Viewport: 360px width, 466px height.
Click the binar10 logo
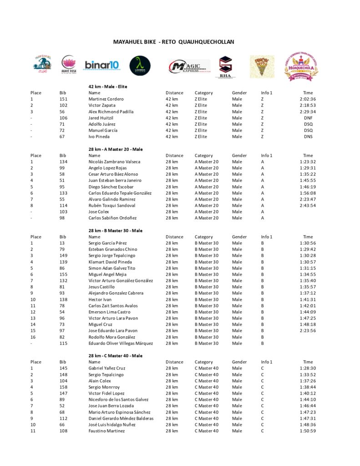pos(101,65)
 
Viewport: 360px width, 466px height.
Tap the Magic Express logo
pos(188,66)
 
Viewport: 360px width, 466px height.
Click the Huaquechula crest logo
pos(301,66)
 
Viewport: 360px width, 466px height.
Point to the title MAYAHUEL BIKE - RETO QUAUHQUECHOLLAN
pos(173,42)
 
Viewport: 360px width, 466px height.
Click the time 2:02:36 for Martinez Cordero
pos(308,99)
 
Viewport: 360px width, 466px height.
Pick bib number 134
pos(63,162)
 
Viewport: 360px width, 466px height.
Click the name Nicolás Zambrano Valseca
pos(114,162)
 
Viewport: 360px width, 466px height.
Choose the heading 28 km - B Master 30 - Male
pos(115,231)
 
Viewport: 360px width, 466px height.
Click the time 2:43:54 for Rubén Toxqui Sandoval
pos(308,205)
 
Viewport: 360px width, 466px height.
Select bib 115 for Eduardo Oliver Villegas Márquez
pos(63,343)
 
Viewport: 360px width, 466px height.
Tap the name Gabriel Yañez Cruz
pos(107,368)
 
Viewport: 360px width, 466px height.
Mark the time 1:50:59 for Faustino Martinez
pos(308,431)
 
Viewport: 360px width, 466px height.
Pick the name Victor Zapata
pos(102,105)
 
